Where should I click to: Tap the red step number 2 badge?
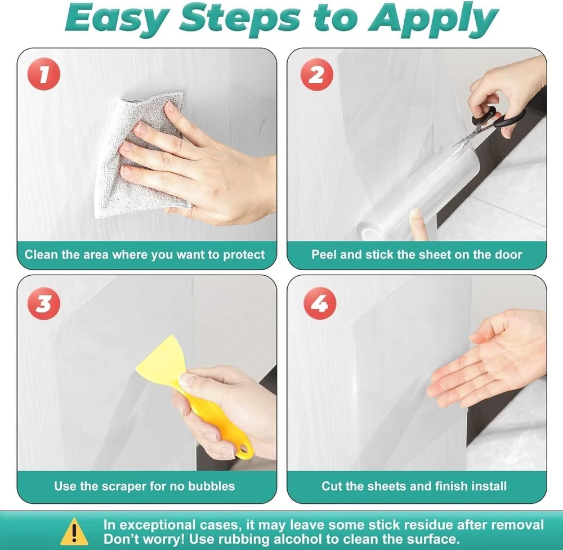click(x=316, y=74)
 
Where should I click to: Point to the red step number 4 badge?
click(x=320, y=303)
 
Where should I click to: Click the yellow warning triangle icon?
click(x=74, y=531)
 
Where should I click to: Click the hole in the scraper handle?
click(x=244, y=448)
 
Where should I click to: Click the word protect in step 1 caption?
click(x=244, y=255)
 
